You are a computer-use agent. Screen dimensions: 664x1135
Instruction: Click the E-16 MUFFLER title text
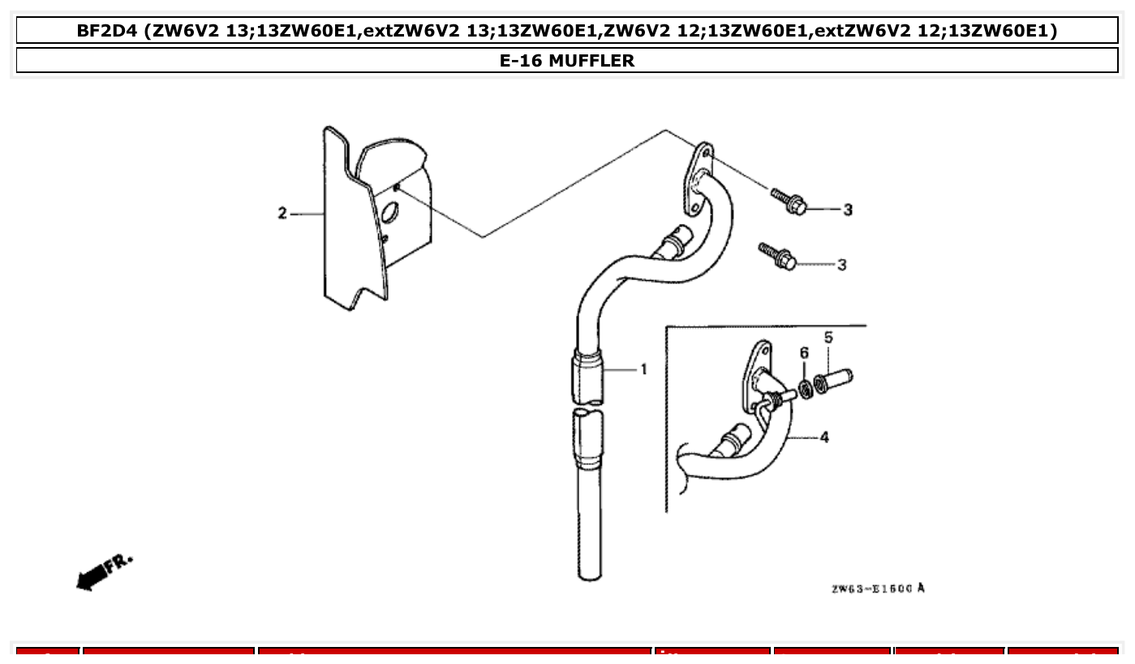[x=567, y=60]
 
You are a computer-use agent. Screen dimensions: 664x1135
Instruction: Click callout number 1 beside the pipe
[x=643, y=370]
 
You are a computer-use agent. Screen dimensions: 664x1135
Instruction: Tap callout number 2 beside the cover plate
[x=282, y=213]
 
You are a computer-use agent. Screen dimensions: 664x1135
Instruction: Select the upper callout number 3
[x=848, y=209]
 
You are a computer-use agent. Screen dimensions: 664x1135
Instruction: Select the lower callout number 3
[x=841, y=265]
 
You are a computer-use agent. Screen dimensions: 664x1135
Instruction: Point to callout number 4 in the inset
[x=824, y=438]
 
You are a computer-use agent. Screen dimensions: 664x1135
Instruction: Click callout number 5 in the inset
[x=828, y=337]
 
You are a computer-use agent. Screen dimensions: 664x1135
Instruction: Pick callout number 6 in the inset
[x=804, y=352]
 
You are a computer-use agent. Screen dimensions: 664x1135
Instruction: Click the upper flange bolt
[x=788, y=201]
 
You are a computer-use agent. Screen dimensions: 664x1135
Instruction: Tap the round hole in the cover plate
[x=389, y=214]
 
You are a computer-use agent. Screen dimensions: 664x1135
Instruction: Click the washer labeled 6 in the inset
[x=805, y=390]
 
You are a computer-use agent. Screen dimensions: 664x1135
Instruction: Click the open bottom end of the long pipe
[x=590, y=573]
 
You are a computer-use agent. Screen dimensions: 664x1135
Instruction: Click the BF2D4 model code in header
[x=106, y=31]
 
